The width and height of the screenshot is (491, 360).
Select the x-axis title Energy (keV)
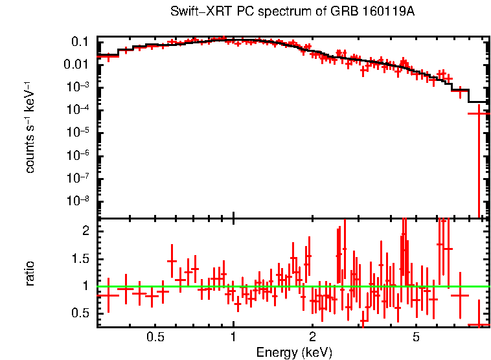click(294, 352)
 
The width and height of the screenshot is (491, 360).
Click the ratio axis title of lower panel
click(30, 273)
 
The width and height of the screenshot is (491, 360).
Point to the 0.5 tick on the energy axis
click(154, 337)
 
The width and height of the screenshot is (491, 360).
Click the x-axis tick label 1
click(233, 337)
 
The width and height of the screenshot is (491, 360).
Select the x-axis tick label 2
click(312, 337)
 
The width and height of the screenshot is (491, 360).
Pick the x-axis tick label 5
click(416, 337)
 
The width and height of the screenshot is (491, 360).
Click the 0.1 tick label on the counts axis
click(79, 42)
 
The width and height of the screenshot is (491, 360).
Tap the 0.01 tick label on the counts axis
click(76, 65)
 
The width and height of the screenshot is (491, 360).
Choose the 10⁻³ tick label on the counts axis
click(78, 87)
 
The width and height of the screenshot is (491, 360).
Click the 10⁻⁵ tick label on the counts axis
click(78, 133)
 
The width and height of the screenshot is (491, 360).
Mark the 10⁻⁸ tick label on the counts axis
click(78, 201)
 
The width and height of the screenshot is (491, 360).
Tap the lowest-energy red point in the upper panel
click(108, 56)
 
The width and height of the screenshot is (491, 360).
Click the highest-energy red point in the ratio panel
click(479, 324)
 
